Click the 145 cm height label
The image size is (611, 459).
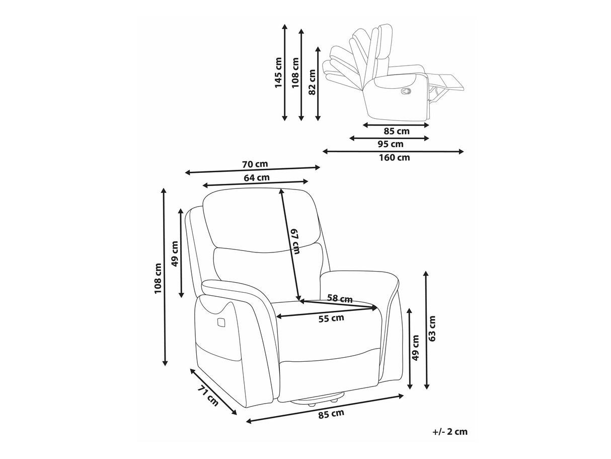(x=278, y=73)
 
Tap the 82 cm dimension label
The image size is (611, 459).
(x=312, y=82)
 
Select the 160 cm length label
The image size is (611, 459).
(x=394, y=158)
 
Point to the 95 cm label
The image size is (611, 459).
(x=390, y=144)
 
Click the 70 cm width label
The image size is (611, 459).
(x=255, y=164)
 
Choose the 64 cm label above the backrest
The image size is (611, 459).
(x=257, y=177)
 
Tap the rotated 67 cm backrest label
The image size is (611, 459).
(x=295, y=241)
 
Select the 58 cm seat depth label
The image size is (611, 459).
(x=340, y=298)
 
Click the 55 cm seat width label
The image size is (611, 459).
(x=331, y=318)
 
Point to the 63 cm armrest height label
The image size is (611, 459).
(x=432, y=329)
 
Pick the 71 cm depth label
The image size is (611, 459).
(x=208, y=396)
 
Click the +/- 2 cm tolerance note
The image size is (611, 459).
(x=450, y=432)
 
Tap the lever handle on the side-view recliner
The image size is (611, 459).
(x=406, y=91)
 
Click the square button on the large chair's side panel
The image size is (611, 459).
(x=221, y=322)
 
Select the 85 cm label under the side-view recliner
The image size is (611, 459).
(x=397, y=131)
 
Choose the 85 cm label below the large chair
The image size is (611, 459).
(x=331, y=414)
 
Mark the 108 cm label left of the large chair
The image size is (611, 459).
(x=158, y=278)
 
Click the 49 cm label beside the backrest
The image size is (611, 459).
(x=175, y=253)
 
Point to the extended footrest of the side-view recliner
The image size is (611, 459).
(x=445, y=82)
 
